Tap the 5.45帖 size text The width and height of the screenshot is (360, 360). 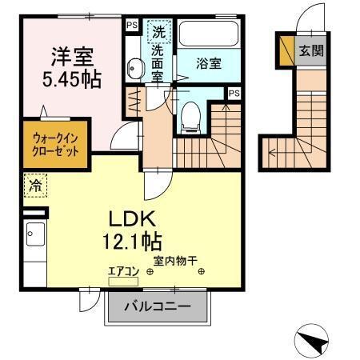pos(74,79)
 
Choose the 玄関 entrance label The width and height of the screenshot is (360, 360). pos(311,50)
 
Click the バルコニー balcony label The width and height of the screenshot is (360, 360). pos(158,306)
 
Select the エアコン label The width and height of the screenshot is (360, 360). pos(124,271)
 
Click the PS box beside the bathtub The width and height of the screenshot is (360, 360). pos(130,25)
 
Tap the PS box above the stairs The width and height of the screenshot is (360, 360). pos(233,94)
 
